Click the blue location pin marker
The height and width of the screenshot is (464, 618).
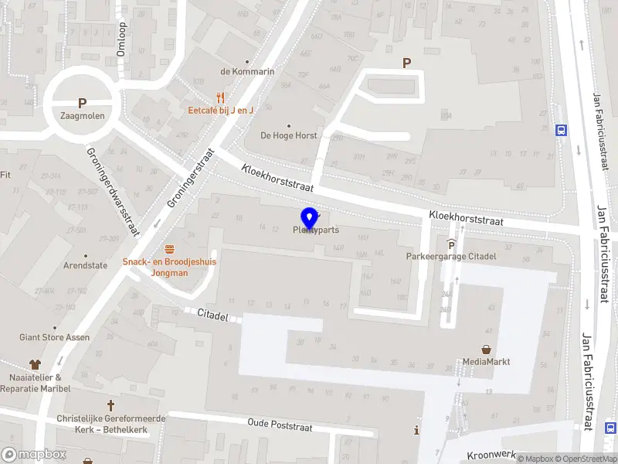(309, 217)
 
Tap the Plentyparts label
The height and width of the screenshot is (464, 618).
(316, 230)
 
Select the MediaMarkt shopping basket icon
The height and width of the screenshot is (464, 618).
(487, 350)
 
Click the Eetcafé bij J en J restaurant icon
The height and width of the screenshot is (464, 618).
(221, 97)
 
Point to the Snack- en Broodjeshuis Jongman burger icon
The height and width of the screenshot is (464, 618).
(169, 249)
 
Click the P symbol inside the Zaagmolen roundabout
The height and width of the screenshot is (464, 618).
(82, 103)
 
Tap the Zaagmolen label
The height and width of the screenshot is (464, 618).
(82, 116)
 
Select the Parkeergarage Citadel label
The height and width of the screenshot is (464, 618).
(451, 256)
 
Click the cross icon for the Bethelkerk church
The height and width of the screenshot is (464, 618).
(110, 405)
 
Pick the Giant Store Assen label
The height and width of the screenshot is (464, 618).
(54, 337)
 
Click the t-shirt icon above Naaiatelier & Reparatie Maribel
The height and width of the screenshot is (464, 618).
(35, 363)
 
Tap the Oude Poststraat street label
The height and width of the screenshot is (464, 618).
(280, 425)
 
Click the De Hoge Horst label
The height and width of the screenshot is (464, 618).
(289, 135)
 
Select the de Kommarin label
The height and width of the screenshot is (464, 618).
(247, 72)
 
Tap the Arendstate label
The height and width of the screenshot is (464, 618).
(85, 265)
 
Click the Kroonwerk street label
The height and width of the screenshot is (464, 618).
(491, 455)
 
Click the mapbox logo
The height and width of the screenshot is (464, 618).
(33, 454)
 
